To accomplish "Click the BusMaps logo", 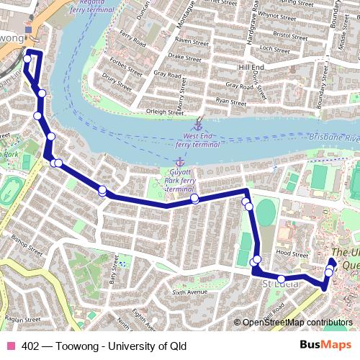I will click(325, 345).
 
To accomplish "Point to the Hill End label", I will click(251, 67).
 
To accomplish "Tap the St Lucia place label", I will click(276, 286).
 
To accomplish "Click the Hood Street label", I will click(292, 253).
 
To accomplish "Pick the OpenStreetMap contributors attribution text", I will click(298, 323).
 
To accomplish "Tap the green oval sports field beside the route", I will click(266, 213).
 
